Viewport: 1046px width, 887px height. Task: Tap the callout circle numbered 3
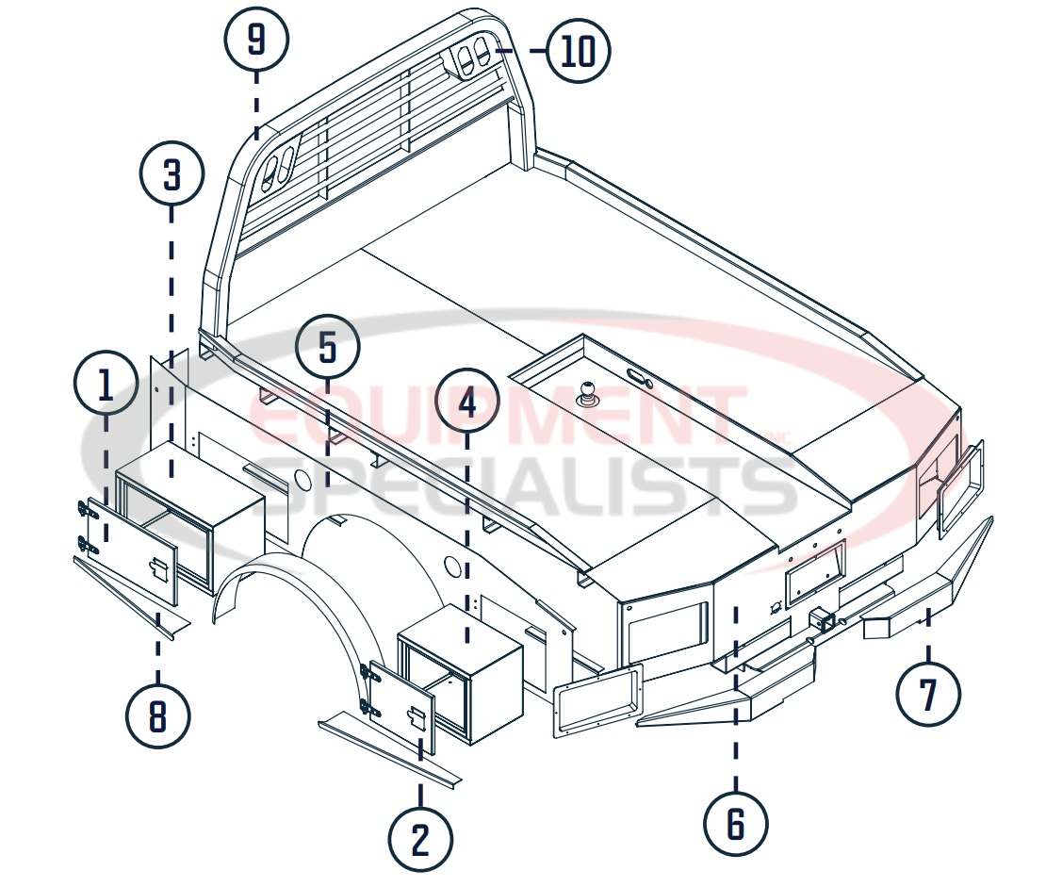(x=172, y=174)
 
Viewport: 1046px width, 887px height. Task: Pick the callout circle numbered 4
(x=468, y=403)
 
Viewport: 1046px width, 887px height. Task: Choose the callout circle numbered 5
(x=327, y=348)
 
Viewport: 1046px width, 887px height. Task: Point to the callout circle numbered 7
(x=928, y=695)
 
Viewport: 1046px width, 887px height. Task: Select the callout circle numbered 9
(x=256, y=40)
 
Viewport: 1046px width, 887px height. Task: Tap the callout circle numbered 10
(x=579, y=50)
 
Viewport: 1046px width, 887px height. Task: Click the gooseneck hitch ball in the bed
(x=590, y=390)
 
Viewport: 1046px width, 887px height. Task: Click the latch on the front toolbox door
(x=159, y=569)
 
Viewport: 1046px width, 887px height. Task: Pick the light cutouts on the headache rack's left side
(x=279, y=166)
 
